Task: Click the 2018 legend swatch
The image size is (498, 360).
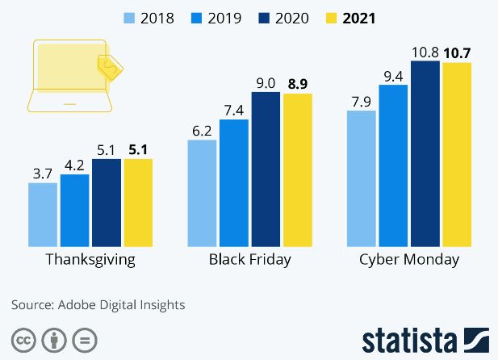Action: tap(129, 16)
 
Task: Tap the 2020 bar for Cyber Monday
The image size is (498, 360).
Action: tap(425, 153)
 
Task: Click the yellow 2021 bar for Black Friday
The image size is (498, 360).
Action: tap(296, 170)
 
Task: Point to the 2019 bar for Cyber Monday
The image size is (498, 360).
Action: tap(393, 165)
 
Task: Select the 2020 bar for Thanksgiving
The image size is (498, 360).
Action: tap(106, 203)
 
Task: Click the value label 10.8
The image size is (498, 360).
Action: tap(425, 52)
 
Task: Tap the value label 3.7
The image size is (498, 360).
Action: tap(43, 174)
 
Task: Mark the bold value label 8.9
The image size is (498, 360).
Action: tap(296, 84)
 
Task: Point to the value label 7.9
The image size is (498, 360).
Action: tap(361, 102)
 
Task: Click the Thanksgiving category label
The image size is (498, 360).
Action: tap(90, 260)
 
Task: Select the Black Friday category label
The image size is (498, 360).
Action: tap(249, 260)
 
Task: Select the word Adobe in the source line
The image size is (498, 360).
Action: tap(76, 305)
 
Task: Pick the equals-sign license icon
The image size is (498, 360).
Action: tap(84, 338)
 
